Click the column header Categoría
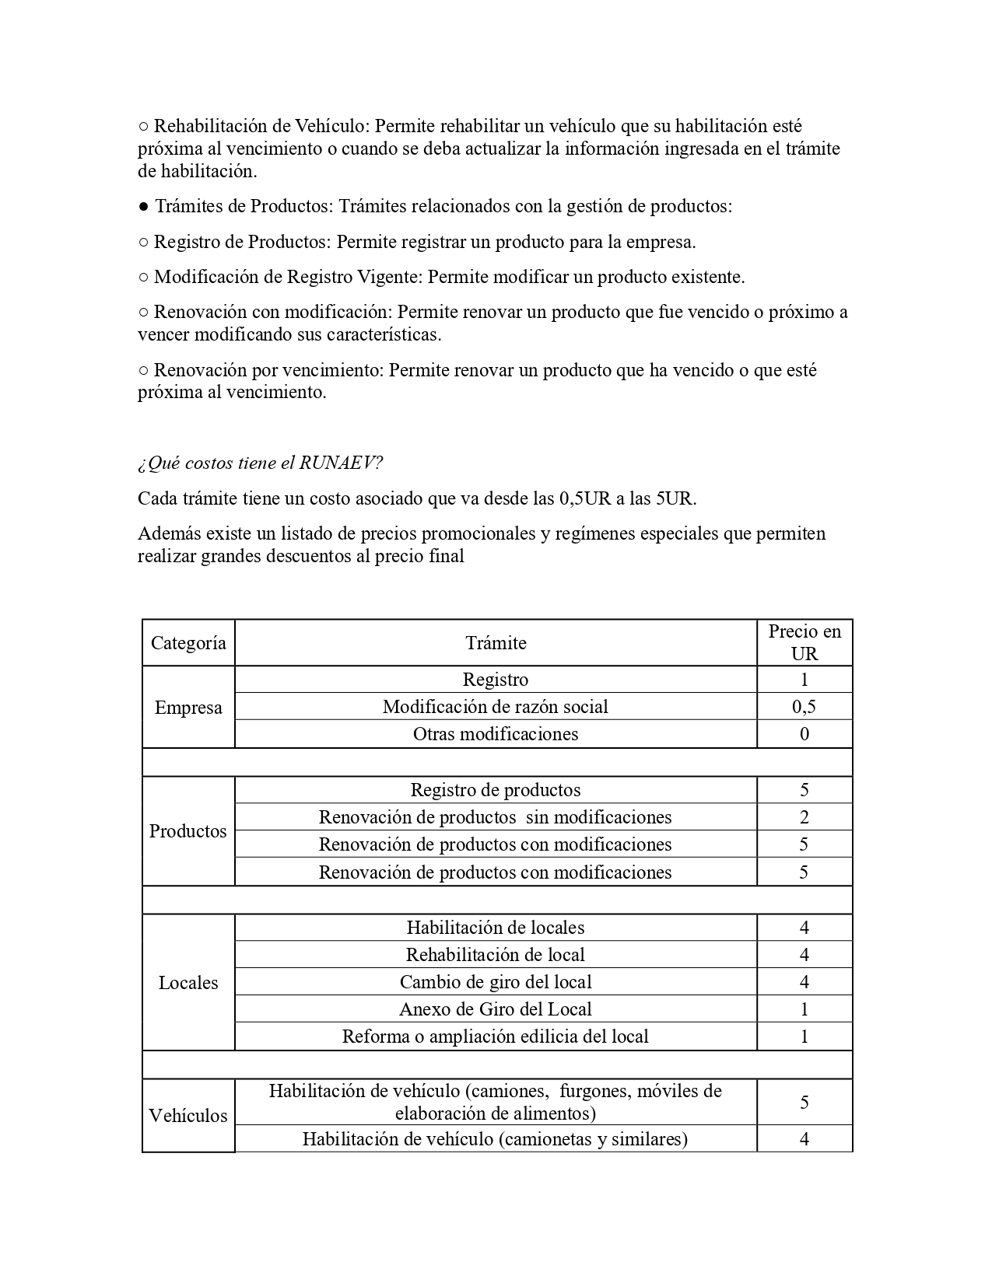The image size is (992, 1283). (188, 643)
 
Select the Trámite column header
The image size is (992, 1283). (496, 643)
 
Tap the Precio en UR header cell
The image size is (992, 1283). (804, 642)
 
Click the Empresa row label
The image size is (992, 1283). (188, 708)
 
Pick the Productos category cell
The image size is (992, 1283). (188, 831)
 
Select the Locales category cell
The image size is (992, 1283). (188, 983)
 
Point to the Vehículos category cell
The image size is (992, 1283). (188, 1116)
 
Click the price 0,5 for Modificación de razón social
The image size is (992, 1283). (804, 707)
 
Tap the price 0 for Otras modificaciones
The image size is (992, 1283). (804, 734)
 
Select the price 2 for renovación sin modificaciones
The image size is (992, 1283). (804, 817)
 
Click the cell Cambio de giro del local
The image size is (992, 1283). (496, 982)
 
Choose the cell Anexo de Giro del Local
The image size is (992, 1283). (496, 1009)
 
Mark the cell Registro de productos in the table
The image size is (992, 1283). (496, 790)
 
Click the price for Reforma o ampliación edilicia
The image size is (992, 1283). (804, 1037)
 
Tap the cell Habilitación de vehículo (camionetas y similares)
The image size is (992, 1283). (496, 1139)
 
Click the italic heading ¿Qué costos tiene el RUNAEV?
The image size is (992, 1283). (260, 463)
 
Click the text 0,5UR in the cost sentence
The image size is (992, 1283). (585, 498)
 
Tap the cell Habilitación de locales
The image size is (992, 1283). (496, 928)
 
